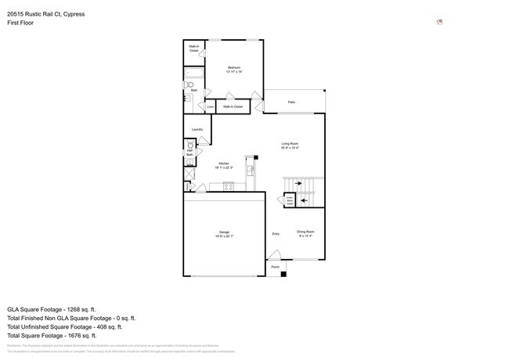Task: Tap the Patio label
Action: pyautogui.click(x=291, y=103)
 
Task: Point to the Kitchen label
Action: pyautogui.click(x=223, y=165)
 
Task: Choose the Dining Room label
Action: pyautogui.click(x=305, y=232)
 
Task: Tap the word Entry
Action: pyautogui.click(x=276, y=234)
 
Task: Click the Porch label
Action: pyautogui.click(x=275, y=268)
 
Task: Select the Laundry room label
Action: pyautogui.click(x=197, y=129)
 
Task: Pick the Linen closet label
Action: pyautogui.click(x=210, y=106)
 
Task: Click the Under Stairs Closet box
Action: pyautogui.click(x=290, y=200)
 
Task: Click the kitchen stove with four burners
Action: pyautogui.click(x=229, y=185)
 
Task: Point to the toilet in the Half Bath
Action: pyautogui.click(x=190, y=146)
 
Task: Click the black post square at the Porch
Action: pyautogui.click(x=283, y=273)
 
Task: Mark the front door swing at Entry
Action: pyautogui.click(x=273, y=254)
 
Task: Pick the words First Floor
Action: pyautogui.click(x=20, y=23)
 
